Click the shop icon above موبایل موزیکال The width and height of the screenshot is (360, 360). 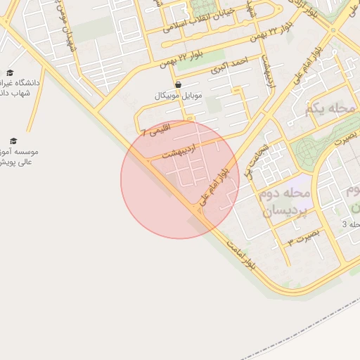(177, 84)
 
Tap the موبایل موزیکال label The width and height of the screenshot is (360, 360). (177, 95)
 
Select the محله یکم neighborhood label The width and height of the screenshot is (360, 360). (333, 109)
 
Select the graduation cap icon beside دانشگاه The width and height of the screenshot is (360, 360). (10, 72)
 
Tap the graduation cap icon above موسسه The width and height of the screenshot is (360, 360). (13, 141)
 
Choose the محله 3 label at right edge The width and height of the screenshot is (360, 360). (351, 224)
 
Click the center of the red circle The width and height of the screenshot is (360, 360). (180, 179)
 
